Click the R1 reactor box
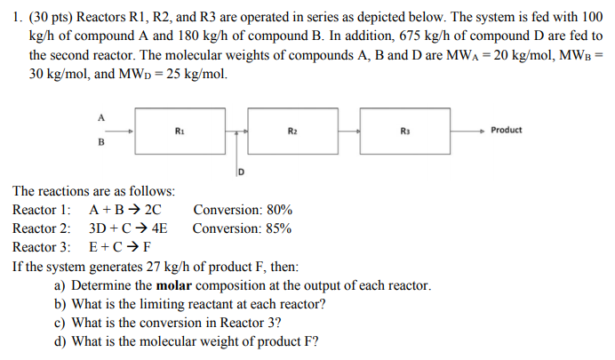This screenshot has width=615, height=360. click(x=181, y=131)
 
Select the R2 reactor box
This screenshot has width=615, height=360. click(x=292, y=131)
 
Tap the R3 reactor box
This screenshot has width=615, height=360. click(x=405, y=131)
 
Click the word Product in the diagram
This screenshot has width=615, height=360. click(x=506, y=130)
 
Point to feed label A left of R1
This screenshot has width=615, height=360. click(x=100, y=116)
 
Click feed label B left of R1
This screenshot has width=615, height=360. click(x=100, y=142)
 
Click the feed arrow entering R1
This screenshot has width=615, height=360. click(x=121, y=131)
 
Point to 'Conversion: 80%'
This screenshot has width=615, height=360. click(x=242, y=210)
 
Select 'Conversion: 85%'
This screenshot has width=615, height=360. click(x=242, y=228)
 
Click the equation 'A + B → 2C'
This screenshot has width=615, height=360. click(x=125, y=210)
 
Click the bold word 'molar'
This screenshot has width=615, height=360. click(x=174, y=285)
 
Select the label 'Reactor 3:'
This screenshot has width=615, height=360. click(x=42, y=246)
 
